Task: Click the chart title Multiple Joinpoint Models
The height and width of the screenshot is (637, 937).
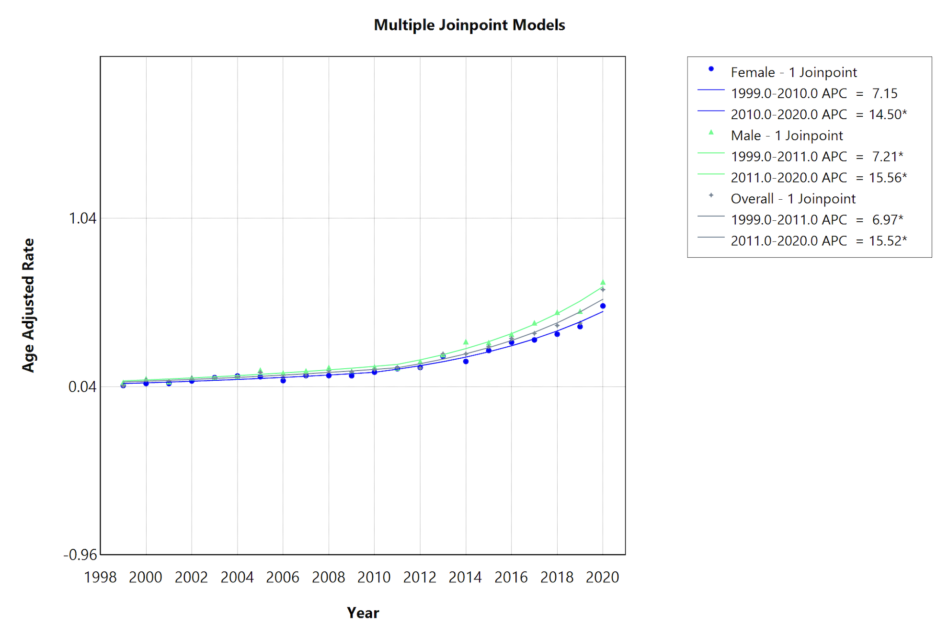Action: pyautogui.click(x=469, y=25)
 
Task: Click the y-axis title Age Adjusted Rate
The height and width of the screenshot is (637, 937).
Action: pyautogui.click(x=28, y=305)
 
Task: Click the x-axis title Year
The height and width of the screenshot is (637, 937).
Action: pyautogui.click(x=363, y=613)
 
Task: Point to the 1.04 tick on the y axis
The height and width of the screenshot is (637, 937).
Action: pyautogui.click(x=82, y=218)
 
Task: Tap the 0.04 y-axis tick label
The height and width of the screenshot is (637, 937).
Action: pyautogui.click(x=82, y=387)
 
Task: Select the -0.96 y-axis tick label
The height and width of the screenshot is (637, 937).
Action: pyautogui.click(x=80, y=555)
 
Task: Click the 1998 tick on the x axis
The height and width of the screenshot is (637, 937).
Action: pyautogui.click(x=100, y=577)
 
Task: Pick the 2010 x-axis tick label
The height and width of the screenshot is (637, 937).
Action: pyautogui.click(x=374, y=577)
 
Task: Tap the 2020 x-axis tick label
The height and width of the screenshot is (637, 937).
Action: pyautogui.click(x=603, y=577)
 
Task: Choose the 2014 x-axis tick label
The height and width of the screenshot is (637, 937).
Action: pyautogui.click(x=466, y=577)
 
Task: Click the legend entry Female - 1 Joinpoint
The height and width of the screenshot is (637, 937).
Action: pyautogui.click(x=793, y=72)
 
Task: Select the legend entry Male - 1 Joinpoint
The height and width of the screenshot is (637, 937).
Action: pyautogui.click(x=787, y=136)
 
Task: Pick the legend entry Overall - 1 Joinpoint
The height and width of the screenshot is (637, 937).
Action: pyautogui.click(x=793, y=199)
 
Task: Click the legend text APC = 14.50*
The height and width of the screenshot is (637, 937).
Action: pyautogui.click(x=819, y=114)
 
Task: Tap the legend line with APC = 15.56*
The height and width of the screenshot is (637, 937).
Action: pyautogui.click(x=819, y=178)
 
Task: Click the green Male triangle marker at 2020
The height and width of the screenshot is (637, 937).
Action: pyautogui.click(x=603, y=283)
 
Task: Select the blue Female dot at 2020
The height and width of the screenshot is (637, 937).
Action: pyautogui.click(x=603, y=306)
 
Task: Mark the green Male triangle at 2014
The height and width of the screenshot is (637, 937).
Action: pyautogui.click(x=466, y=342)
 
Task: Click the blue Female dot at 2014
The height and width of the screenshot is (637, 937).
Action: pyautogui.click(x=466, y=362)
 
